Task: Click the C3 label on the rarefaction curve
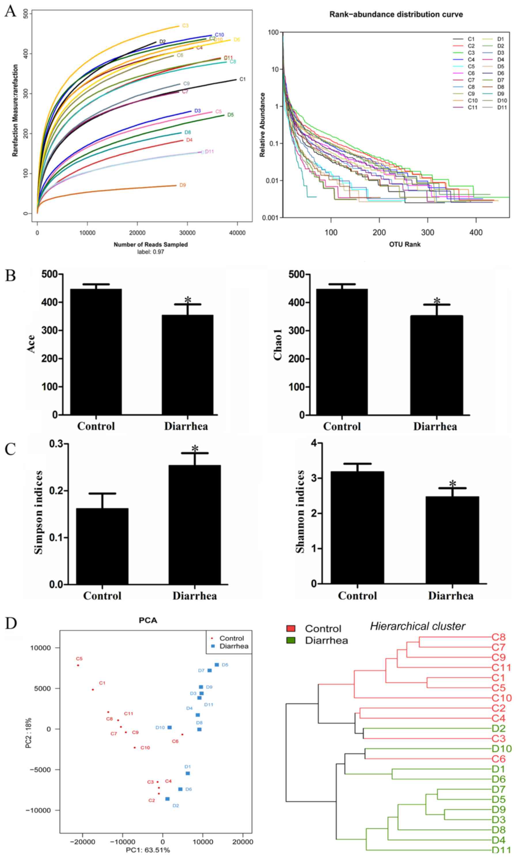185,26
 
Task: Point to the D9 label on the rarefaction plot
182,185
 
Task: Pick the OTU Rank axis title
405,245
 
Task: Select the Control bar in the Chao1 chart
342,352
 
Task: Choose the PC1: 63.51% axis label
148,853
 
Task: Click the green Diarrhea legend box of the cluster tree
291,640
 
